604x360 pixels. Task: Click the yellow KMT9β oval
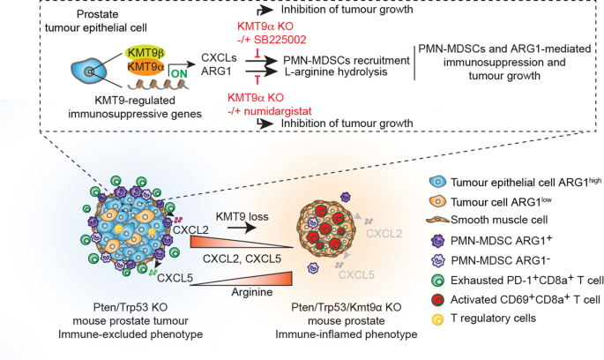pyautogui.click(x=145, y=52)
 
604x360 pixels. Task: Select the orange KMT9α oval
pyautogui.click(x=145, y=67)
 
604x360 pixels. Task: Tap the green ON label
pyautogui.click(x=179, y=73)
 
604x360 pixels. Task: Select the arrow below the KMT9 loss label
pyautogui.click(x=242, y=228)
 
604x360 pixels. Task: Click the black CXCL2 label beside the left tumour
pyautogui.click(x=190, y=230)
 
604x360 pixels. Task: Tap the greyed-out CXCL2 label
pyautogui.click(x=384, y=234)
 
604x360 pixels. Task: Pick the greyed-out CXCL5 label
pyautogui.click(x=356, y=274)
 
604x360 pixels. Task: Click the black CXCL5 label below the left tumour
pyautogui.click(x=175, y=278)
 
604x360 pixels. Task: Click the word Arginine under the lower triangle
pyautogui.click(x=252, y=292)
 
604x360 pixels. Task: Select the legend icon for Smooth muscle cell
pyautogui.click(x=437, y=220)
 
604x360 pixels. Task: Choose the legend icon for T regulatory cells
pyautogui.click(x=437, y=319)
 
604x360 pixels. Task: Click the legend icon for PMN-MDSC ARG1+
pyautogui.click(x=438, y=241)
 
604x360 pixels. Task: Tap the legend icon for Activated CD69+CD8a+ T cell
pyautogui.click(x=438, y=300)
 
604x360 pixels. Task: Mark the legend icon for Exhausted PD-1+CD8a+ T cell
pyautogui.click(x=438, y=281)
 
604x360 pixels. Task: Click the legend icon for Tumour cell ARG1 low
pyautogui.click(x=437, y=201)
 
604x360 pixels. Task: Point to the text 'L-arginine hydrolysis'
pyautogui.click(x=336, y=71)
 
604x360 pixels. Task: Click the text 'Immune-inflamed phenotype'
pyautogui.click(x=347, y=334)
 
